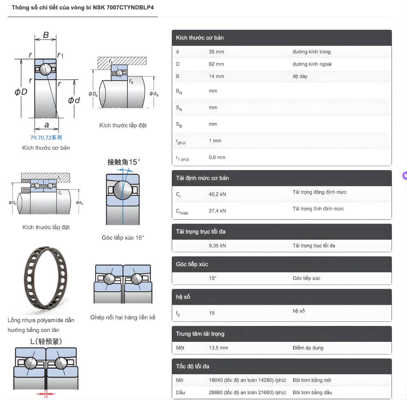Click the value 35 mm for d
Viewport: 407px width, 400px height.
point(216,52)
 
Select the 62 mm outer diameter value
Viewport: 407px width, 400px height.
point(216,64)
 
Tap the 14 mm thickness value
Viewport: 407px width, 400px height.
point(216,76)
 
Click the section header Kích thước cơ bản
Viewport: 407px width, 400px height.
point(200,37)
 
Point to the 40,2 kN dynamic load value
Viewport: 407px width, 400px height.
point(217,194)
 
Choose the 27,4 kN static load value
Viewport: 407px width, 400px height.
point(217,211)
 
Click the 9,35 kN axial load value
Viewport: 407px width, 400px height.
point(217,245)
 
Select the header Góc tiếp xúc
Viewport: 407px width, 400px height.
point(192,264)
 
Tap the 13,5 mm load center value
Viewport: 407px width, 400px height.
point(218,348)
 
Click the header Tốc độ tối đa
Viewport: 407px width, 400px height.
point(193,366)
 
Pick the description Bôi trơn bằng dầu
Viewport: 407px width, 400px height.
point(312,392)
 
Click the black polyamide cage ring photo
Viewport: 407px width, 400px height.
point(43,281)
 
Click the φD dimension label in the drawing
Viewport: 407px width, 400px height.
point(21,92)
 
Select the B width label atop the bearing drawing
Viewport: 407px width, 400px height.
point(46,35)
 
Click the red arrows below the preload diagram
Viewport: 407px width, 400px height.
point(46,393)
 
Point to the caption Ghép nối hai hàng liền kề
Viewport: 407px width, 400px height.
point(123,317)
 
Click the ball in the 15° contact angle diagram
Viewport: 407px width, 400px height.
point(122,190)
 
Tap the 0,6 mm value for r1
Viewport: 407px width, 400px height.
point(217,157)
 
